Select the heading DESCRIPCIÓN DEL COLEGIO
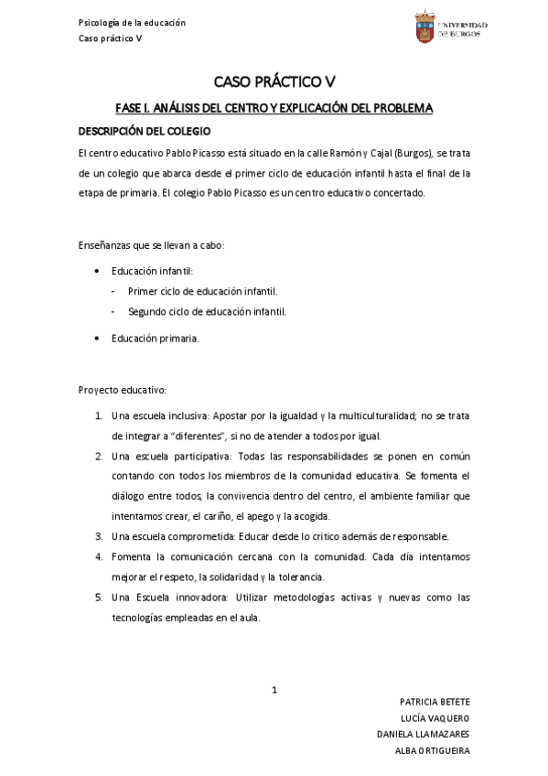coord(145,132)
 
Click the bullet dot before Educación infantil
coord(98,272)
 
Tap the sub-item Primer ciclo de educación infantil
coord(202,291)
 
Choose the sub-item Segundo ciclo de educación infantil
coord(207,311)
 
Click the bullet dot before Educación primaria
coord(98,339)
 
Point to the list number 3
coord(99,536)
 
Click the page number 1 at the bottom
coord(274,690)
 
